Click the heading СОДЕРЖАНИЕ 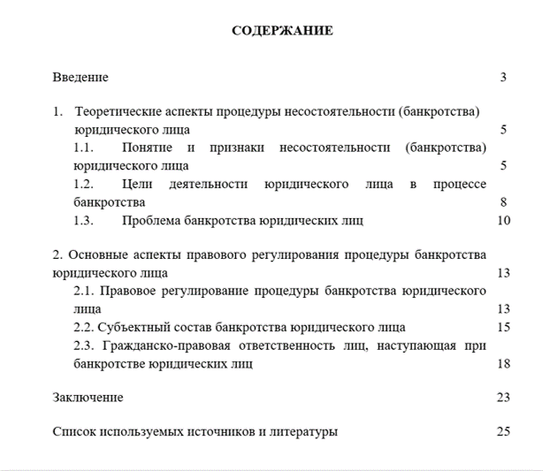click(x=282, y=31)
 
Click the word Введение click(x=80, y=78)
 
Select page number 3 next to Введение click(x=503, y=78)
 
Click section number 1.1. click(x=84, y=148)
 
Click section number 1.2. click(x=84, y=184)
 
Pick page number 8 click(x=503, y=201)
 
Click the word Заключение click(x=88, y=398)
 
